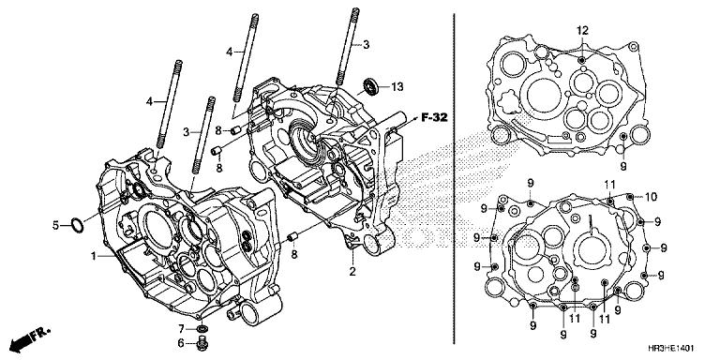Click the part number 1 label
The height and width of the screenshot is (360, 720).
[x=93, y=256]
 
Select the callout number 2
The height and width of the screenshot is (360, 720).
[x=352, y=273]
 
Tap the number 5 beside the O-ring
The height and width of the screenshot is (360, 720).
[x=55, y=225]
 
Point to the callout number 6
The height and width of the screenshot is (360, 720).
[x=182, y=344]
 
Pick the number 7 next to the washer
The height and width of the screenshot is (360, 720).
[x=182, y=327]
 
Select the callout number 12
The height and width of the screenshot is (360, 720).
[x=582, y=31]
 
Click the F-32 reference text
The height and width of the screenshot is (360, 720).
[x=435, y=117]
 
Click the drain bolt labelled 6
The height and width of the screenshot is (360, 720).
[x=202, y=345]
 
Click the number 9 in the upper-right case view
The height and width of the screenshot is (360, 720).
[x=623, y=166]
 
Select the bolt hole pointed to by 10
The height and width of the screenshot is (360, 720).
[x=629, y=199]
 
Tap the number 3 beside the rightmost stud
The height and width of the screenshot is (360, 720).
[x=367, y=43]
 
